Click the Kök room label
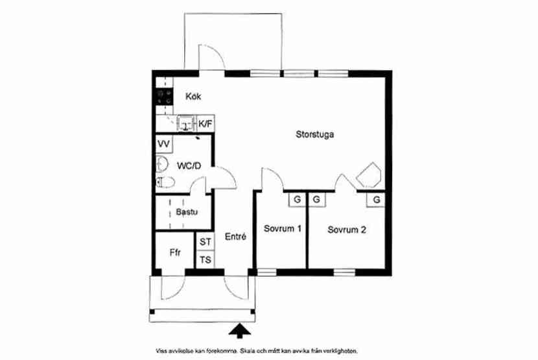193,97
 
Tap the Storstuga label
314,134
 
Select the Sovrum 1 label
283,228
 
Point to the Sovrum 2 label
347,230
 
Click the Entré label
235,236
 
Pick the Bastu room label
187,212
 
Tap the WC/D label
189,166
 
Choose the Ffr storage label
175,253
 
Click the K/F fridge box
206,123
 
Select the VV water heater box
164,144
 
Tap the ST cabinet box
205,241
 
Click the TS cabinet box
205,259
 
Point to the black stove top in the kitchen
165,97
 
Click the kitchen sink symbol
187,123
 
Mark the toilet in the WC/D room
165,182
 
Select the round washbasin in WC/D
161,164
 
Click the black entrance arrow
240,331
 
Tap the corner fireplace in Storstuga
369,175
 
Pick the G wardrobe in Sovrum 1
297,199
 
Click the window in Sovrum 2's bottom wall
344,272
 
